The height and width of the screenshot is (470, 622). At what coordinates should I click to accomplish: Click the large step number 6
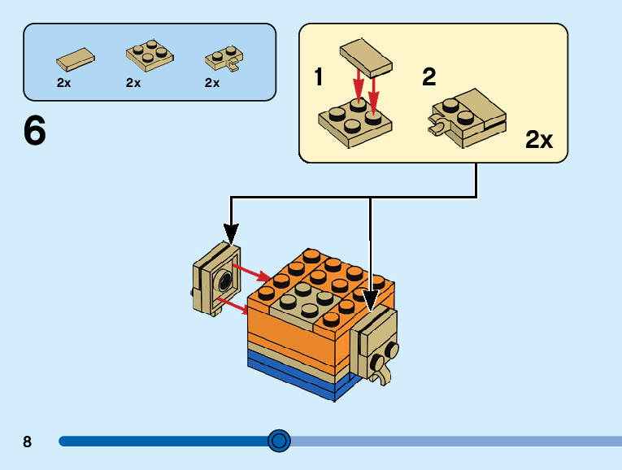click(34, 131)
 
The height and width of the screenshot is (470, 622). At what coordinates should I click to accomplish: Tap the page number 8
click(28, 442)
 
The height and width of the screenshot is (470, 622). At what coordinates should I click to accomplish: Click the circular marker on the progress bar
click(279, 441)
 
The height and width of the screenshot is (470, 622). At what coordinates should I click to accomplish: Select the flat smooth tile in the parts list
click(76, 58)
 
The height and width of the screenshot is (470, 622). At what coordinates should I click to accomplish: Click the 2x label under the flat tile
click(64, 82)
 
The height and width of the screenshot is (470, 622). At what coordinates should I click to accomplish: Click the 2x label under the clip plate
click(212, 82)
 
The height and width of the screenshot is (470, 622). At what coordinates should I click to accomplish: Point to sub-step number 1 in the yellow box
click(319, 78)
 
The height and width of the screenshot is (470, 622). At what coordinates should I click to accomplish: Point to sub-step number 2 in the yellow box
click(429, 77)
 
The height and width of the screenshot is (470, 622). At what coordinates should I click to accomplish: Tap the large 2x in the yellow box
click(538, 140)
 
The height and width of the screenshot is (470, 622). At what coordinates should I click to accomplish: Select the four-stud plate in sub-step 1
click(354, 122)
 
